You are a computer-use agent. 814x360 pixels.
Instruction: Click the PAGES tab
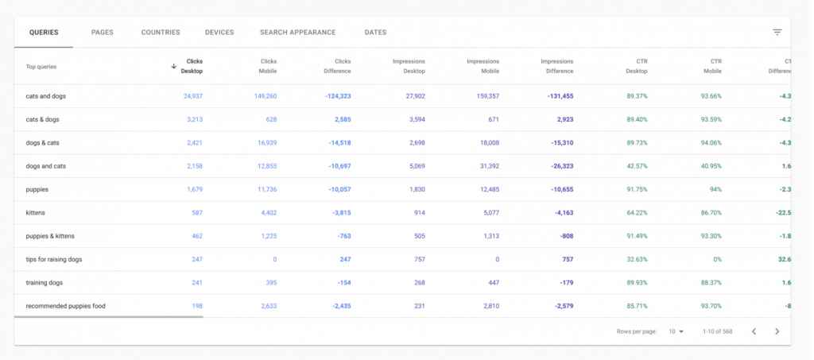[x=103, y=33]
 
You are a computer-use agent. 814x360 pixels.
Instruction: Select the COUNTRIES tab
[x=161, y=33]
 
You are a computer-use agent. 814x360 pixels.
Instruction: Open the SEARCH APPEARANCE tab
[x=297, y=33]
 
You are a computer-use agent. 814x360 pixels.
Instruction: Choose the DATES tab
[x=375, y=33]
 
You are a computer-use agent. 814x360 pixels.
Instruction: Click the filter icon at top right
[x=777, y=33]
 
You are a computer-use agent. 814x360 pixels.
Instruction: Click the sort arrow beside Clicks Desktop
[x=173, y=66]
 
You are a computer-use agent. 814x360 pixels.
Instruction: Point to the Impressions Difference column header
[x=556, y=66]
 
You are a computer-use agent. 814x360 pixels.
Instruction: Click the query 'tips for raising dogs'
[x=54, y=259]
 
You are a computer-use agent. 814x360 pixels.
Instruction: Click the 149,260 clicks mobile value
[x=261, y=96]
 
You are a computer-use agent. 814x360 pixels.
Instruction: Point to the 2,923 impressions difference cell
[x=561, y=119]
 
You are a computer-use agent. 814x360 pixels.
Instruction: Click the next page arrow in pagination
[x=777, y=331]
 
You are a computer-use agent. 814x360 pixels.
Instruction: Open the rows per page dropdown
[x=676, y=331]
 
